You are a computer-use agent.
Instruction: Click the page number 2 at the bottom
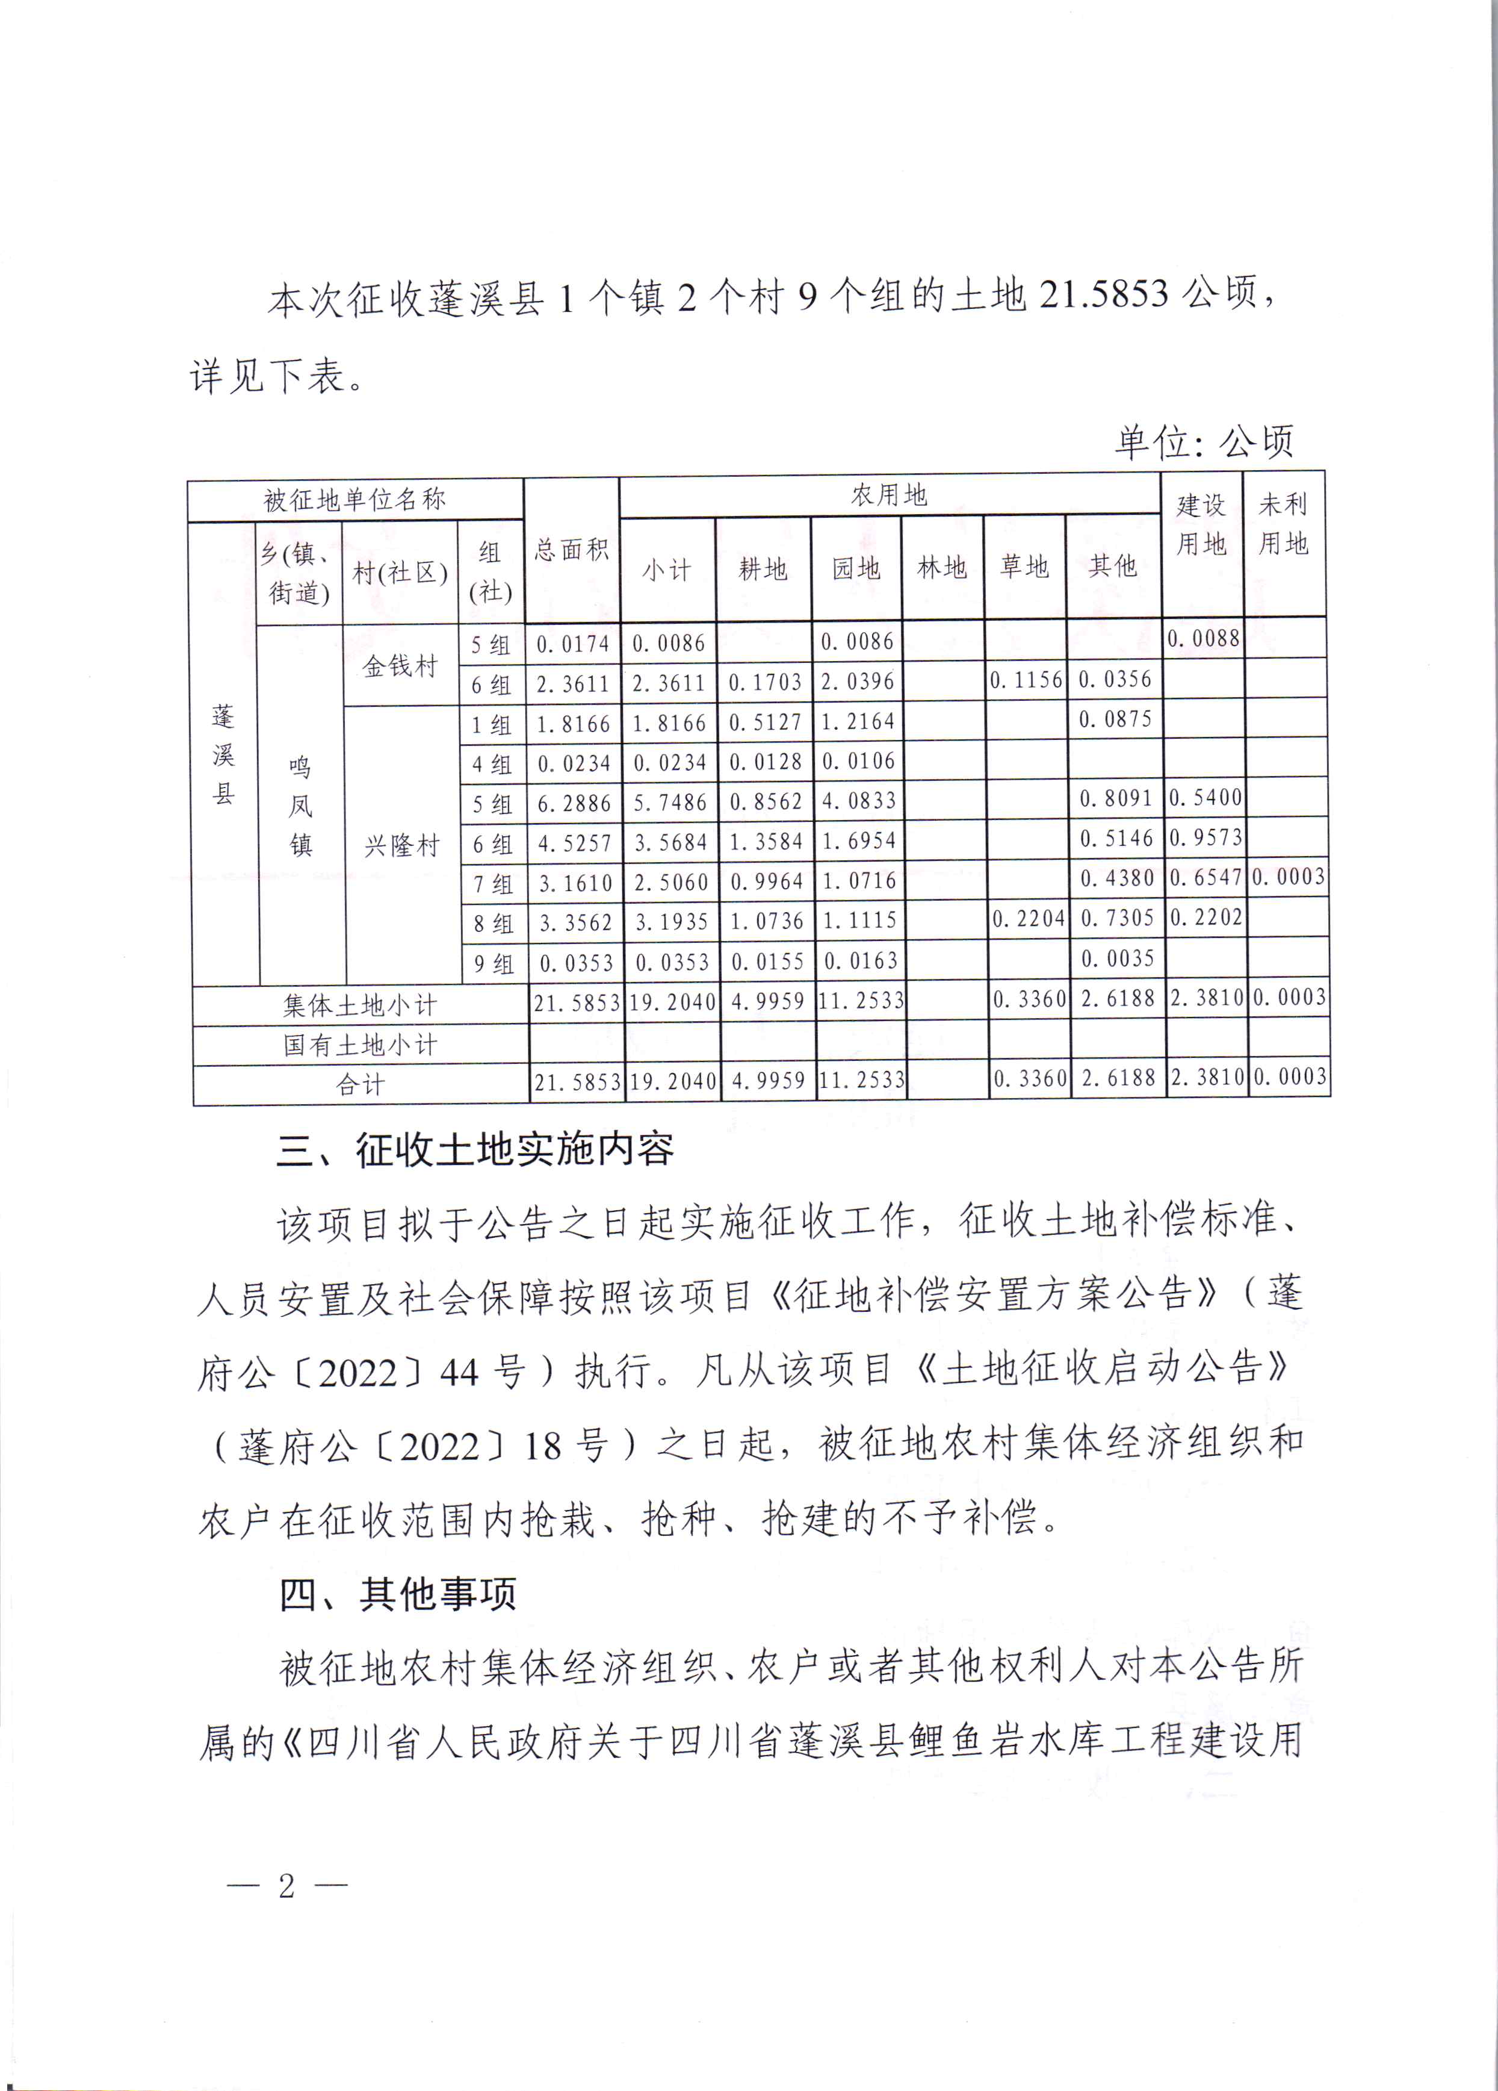[x=286, y=1886]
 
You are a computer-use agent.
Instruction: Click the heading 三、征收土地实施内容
[x=475, y=1150]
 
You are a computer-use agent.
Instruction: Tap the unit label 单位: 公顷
[x=1204, y=443]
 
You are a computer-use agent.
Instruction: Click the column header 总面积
[x=572, y=550]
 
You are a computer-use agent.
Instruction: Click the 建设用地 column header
[x=1201, y=524]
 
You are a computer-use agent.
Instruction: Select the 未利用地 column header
[x=1283, y=524]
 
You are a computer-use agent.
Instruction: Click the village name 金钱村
[x=400, y=666]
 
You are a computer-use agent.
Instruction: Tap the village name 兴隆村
[x=402, y=845]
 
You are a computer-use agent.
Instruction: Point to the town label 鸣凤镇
[x=300, y=806]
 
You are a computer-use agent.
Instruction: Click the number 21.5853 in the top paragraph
[x=1103, y=295]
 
